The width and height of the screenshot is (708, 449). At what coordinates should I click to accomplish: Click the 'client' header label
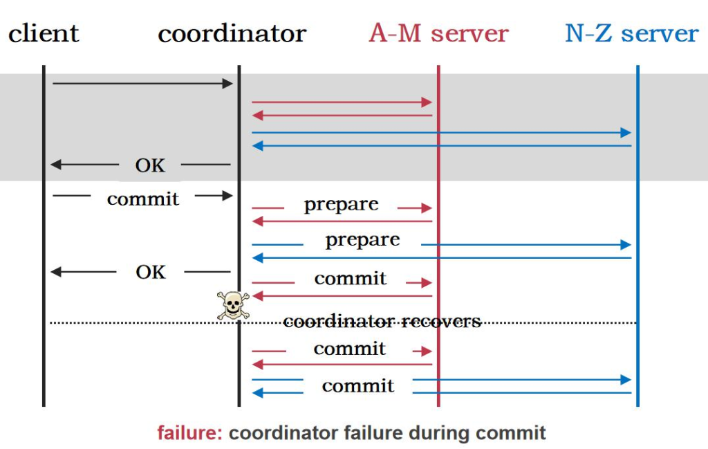tap(44, 33)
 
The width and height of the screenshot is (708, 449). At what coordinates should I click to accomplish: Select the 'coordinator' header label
tap(232, 33)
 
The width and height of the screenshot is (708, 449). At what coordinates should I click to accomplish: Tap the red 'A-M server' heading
tap(438, 33)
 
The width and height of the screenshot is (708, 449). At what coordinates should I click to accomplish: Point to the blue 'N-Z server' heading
tap(631, 33)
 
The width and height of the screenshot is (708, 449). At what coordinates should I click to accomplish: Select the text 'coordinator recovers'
tap(382, 322)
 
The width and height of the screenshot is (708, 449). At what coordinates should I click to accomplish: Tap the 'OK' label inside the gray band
tap(150, 165)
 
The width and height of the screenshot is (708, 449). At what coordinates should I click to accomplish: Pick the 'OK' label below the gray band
tap(150, 272)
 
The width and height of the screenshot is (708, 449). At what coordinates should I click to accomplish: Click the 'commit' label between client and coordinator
tap(142, 199)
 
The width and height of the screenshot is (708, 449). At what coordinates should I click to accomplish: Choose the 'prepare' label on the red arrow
tap(341, 205)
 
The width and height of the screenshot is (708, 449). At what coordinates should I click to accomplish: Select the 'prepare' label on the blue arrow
tap(362, 240)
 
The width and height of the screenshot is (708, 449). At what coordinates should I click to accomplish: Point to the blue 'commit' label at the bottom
tap(358, 386)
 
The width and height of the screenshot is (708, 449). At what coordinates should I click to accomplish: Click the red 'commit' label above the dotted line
tap(350, 279)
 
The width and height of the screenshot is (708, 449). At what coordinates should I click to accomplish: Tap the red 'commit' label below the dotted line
tap(350, 349)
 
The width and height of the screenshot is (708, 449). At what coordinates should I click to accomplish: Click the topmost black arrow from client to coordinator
tap(142, 84)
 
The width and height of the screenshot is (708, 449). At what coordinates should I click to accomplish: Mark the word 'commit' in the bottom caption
tap(510, 433)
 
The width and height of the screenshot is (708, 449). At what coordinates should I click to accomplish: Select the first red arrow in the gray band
tap(342, 102)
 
